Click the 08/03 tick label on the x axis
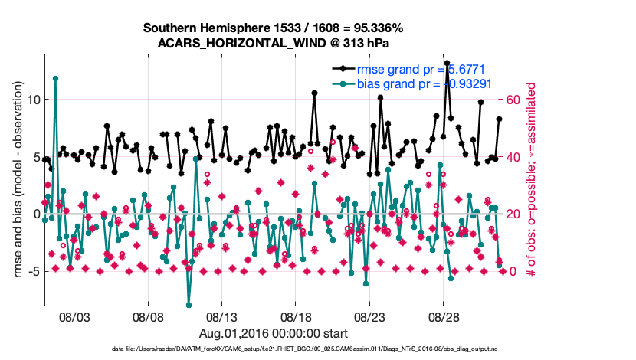(x=74, y=316)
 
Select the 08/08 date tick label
(x=149, y=316)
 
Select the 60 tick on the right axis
(x=516, y=100)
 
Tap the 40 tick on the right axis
(x=516, y=157)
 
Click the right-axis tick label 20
(x=516, y=214)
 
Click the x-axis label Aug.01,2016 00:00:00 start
(x=274, y=333)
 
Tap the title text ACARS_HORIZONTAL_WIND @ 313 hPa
(x=274, y=43)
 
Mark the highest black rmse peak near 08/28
(x=447, y=63)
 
